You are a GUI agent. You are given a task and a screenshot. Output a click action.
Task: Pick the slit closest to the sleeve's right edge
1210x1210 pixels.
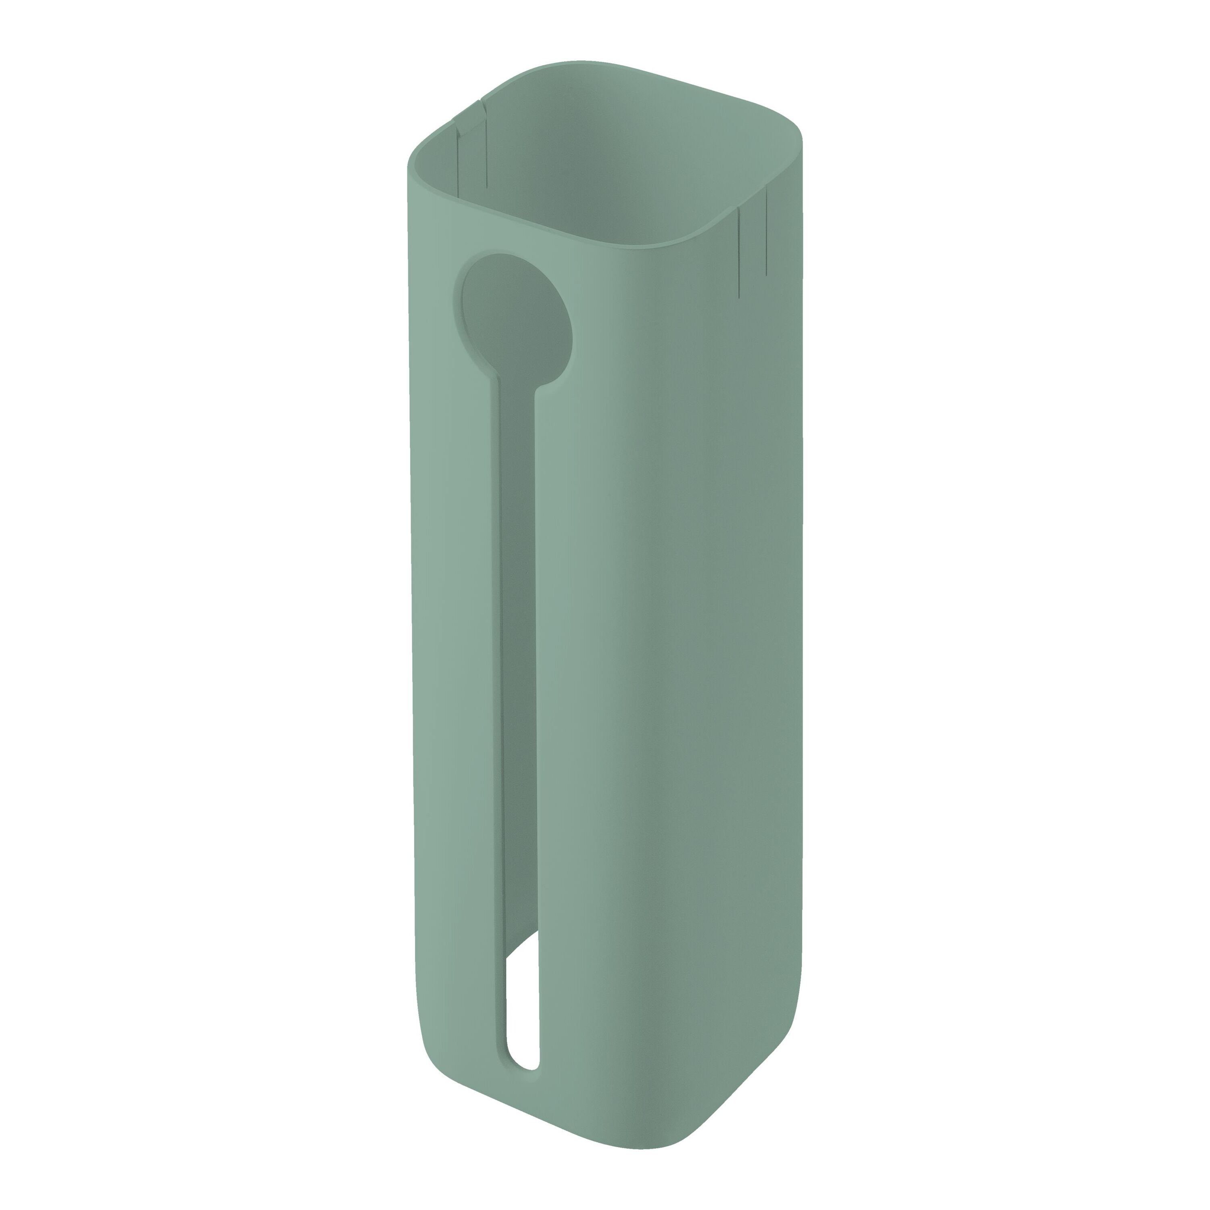point(766,232)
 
